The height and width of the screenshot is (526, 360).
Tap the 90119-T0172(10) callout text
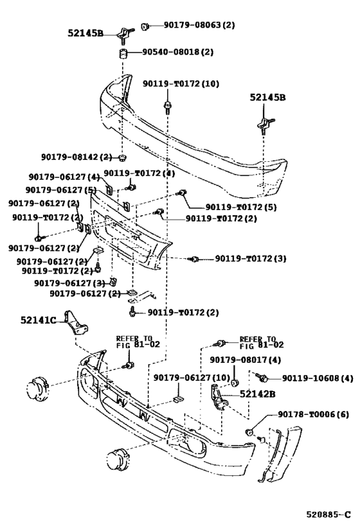(181, 84)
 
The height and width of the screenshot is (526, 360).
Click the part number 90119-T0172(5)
(241, 207)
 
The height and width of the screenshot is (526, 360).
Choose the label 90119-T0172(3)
(250, 259)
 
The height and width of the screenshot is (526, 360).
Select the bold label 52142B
(258, 394)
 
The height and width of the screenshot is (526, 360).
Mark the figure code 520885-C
(328, 514)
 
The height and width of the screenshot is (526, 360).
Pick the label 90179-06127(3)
(69, 283)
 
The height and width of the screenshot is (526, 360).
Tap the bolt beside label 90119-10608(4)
(260, 378)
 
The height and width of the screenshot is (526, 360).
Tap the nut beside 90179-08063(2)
(146, 26)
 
